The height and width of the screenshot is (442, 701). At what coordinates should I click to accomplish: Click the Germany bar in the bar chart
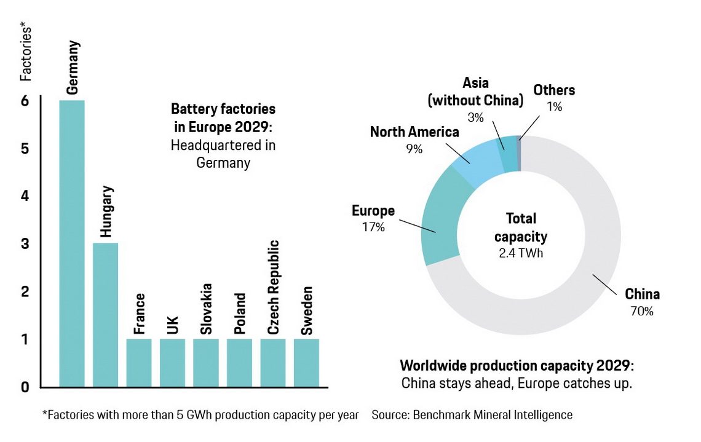pyautogui.click(x=71, y=243)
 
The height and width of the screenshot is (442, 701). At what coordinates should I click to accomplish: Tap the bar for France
pyautogui.click(x=138, y=363)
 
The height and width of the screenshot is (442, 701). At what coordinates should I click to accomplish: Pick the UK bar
pyautogui.click(x=172, y=363)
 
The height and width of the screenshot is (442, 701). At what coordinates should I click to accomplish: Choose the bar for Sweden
pyautogui.click(x=306, y=363)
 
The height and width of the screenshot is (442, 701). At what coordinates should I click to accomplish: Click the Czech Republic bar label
pyautogui.click(x=274, y=288)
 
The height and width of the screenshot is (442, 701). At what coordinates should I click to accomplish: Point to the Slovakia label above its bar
pyautogui.click(x=207, y=309)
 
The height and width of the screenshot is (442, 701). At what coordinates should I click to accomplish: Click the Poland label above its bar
pyautogui.click(x=240, y=314)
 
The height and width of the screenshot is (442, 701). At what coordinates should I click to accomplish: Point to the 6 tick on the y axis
pyautogui.click(x=25, y=101)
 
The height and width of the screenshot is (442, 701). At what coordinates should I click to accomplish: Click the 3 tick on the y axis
pyautogui.click(x=25, y=244)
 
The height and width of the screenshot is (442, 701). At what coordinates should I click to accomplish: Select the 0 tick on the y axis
pyautogui.click(x=25, y=387)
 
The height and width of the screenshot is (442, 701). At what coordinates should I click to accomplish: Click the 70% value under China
pyautogui.click(x=641, y=311)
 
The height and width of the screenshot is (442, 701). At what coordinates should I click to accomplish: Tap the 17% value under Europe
pyautogui.click(x=373, y=227)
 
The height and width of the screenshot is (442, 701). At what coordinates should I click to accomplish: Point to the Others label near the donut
pyautogui.click(x=554, y=90)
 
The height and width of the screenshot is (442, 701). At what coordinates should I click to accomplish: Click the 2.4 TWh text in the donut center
pyautogui.click(x=521, y=252)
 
